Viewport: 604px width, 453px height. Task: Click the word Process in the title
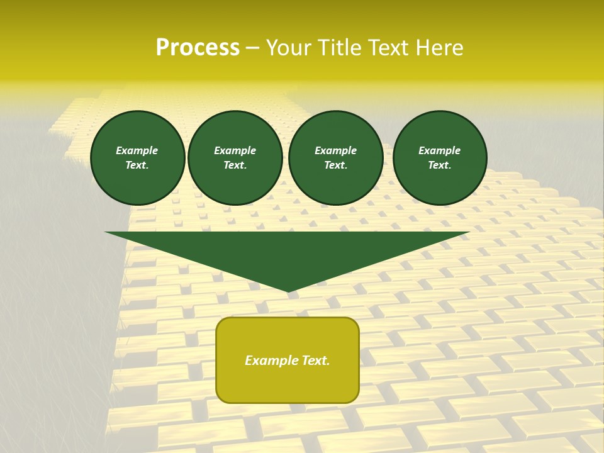[x=198, y=48]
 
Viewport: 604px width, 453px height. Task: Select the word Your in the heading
[x=289, y=48]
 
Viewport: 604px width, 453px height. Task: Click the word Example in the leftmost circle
[x=137, y=150]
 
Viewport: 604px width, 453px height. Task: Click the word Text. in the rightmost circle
[x=440, y=165]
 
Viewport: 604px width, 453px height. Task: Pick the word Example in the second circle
[x=235, y=150]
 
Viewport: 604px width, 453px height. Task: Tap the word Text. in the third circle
[x=336, y=165]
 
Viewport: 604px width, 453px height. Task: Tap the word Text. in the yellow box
[x=315, y=361]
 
